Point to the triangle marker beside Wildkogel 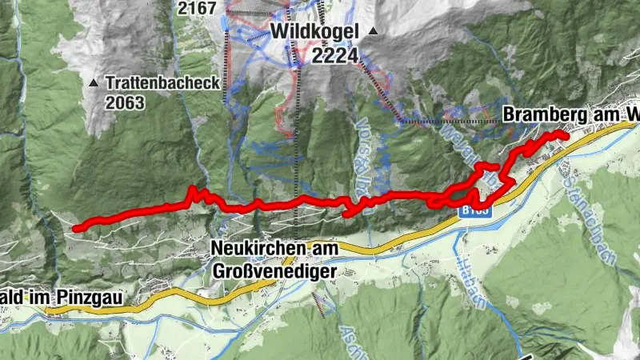coord(373,32)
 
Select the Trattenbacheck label coord(155,82)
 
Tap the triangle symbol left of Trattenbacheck coord(95,82)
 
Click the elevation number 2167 coord(198,8)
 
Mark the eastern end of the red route coord(566,137)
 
